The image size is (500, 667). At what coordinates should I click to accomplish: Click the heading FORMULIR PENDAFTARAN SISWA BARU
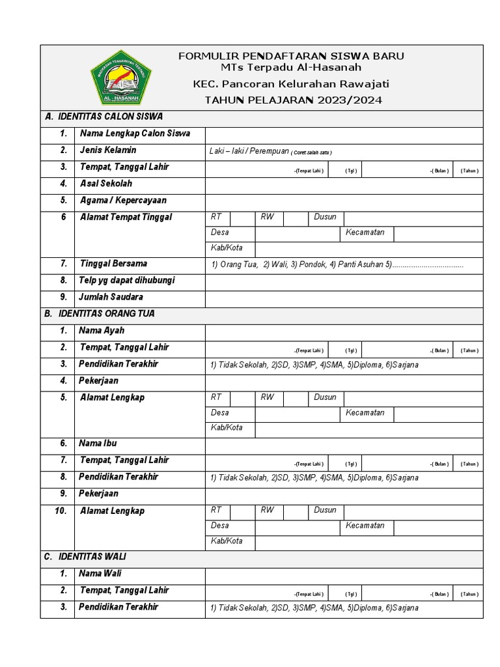pyautogui.click(x=291, y=56)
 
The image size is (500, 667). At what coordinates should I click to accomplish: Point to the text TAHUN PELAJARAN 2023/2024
pyautogui.click(x=293, y=100)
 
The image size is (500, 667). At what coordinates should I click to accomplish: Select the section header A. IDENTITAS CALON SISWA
pyautogui.click(x=104, y=117)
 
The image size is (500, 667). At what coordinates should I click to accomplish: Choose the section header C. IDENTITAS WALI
pyautogui.click(x=85, y=558)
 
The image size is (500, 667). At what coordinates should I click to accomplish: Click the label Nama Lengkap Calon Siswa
pyautogui.click(x=135, y=134)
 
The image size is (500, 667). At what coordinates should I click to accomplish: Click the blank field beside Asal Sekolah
pyautogui.click(x=344, y=185)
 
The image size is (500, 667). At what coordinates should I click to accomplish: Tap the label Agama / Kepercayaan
pyautogui.click(x=123, y=201)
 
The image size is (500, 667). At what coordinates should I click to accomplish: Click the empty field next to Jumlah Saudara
pyautogui.click(x=344, y=298)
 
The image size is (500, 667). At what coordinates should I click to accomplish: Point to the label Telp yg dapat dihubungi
pyautogui.click(x=126, y=281)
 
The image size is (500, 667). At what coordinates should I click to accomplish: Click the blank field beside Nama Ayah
pyautogui.click(x=344, y=332)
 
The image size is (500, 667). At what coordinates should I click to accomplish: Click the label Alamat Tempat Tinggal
pyautogui.click(x=126, y=218)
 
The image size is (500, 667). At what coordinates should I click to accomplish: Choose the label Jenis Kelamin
pyautogui.click(x=107, y=150)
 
